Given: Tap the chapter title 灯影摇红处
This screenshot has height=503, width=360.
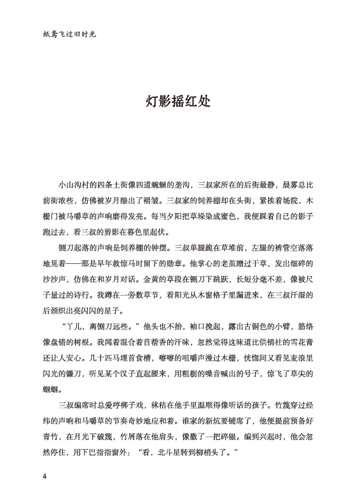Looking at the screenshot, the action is [x=180, y=101].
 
